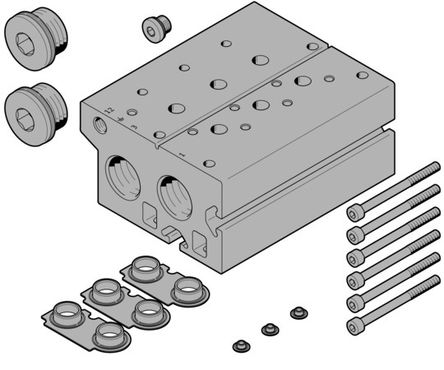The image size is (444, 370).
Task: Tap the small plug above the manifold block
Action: [153, 28]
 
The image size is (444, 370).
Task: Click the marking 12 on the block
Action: [109, 109]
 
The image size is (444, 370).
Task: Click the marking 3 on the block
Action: [132, 112]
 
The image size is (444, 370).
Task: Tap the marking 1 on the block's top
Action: [182, 154]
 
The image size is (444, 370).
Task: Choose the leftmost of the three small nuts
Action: [241, 345]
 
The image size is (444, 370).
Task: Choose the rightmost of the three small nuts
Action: [297, 313]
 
